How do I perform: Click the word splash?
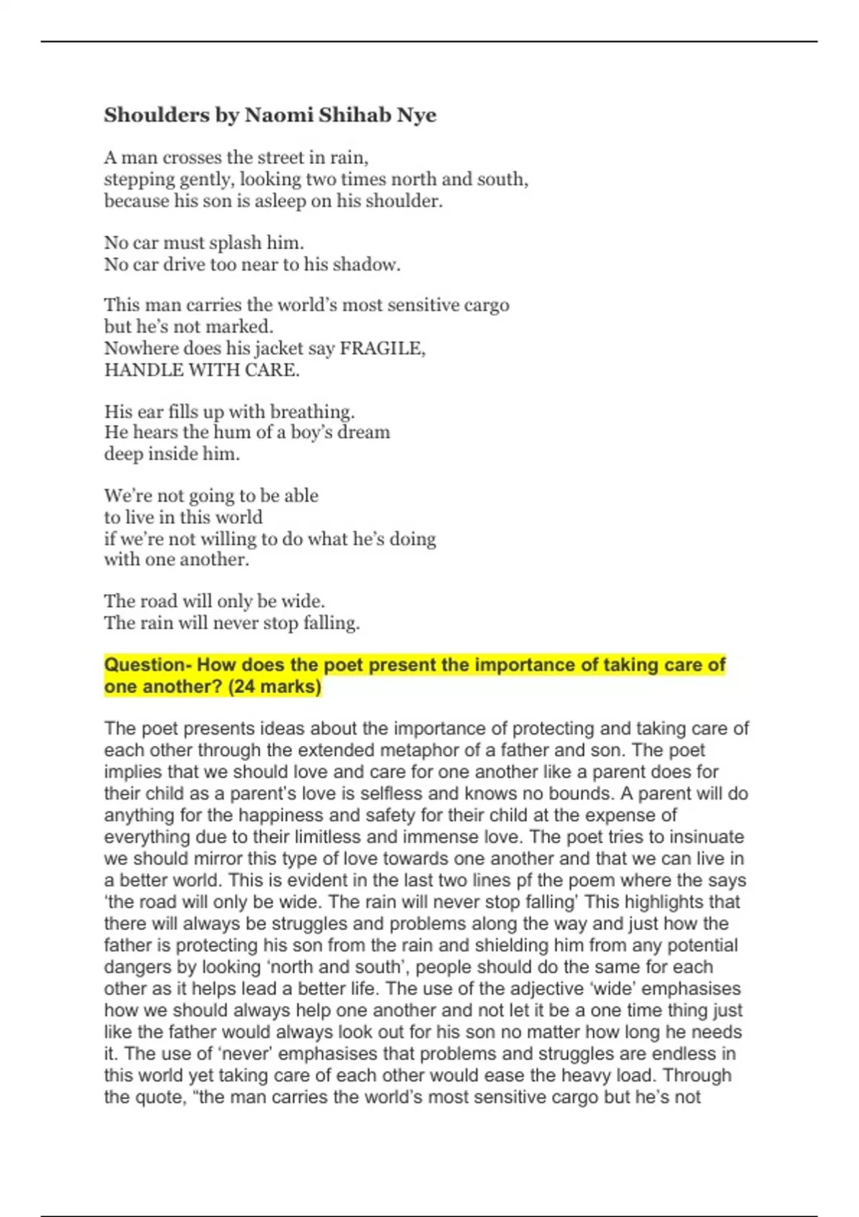click(x=235, y=243)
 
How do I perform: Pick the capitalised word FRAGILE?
click(x=382, y=349)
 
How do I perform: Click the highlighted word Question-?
click(x=147, y=665)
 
